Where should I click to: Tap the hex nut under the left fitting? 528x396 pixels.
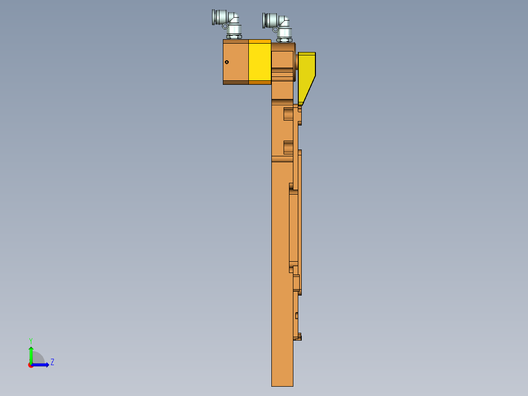(233, 36)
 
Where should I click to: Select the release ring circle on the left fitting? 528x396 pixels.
(225, 26)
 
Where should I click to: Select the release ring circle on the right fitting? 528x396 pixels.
(275, 29)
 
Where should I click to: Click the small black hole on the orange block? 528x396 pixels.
(227, 62)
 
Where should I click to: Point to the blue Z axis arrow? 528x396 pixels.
(41, 365)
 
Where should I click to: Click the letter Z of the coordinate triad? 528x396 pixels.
(52, 362)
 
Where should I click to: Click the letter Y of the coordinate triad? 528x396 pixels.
(31, 340)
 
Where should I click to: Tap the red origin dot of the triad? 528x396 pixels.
(31, 365)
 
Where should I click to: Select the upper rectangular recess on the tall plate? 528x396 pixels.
(288, 114)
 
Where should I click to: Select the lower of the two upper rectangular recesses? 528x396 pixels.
(288, 147)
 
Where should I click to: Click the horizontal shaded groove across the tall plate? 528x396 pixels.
(282, 159)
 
